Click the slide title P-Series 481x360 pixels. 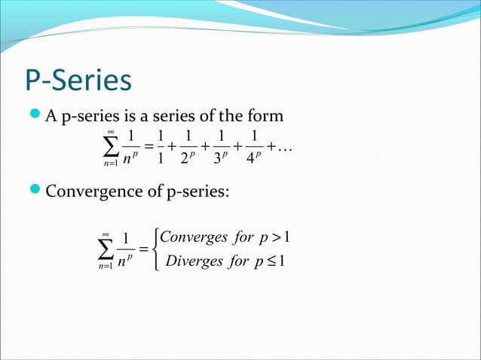coord(78,81)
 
